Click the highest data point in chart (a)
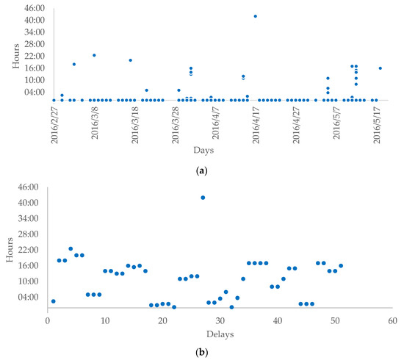(255, 15)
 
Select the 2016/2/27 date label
(54, 124)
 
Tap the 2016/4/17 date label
(256, 124)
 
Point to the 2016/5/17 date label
(377, 124)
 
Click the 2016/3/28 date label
(175, 124)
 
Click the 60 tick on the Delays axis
(393, 321)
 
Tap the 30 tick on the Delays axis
(220, 321)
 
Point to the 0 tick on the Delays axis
(47, 321)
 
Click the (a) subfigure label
(202, 170)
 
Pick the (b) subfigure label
(202, 353)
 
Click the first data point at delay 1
(53, 301)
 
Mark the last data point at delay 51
(341, 265)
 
